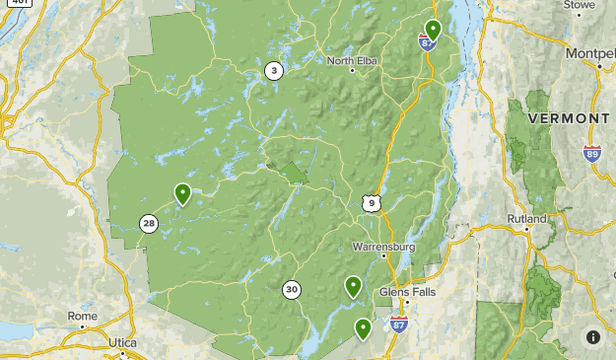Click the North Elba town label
pyautogui.click(x=353, y=60)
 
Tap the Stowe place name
pyautogui.click(x=580, y=5)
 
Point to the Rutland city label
pyautogui.click(x=526, y=218)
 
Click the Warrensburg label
pyautogui.click(x=384, y=247)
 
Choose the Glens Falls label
pyautogui.click(x=405, y=292)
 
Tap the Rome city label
pyautogui.click(x=83, y=316)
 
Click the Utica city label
pyautogui.click(x=123, y=342)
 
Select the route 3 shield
pyautogui.click(x=273, y=70)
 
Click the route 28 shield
pyautogui.click(x=148, y=224)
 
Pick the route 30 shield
pyautogui.click(x=291, y=290)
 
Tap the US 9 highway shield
pyautogui.click(x=370, y=203)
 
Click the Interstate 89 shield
pyautogui.click(x=591, y=153)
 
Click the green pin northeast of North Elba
pyautogui.click(x=432, y=30)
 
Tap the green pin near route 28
pyautogui.click(x=182, y=193)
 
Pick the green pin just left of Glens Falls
pyautogui.click(x=353, y=286)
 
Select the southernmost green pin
pyautogui.click(x=363, y=328)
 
